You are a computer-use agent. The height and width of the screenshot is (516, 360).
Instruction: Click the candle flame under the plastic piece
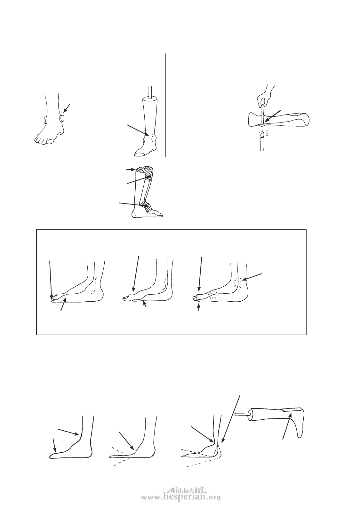click(x=263, y=134)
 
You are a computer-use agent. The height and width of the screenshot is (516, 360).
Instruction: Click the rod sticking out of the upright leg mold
click(x=151, y=92)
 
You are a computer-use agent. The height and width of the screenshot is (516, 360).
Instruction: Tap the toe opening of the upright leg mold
click(x=140, y=154)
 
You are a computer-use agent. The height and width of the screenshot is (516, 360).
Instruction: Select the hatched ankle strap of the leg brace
click(x=147, y=205)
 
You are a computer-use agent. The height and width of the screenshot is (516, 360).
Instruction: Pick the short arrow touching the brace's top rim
click(x=131, y=170)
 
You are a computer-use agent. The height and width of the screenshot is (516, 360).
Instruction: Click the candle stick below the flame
click(x=262, y=144)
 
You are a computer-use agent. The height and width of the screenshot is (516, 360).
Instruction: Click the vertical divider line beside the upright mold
click(x=166, y=105)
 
